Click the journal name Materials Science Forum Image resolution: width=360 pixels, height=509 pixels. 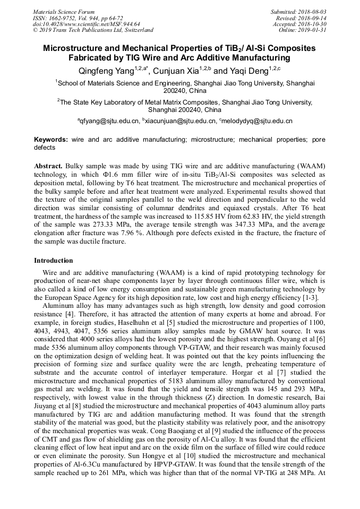tap(64, 12)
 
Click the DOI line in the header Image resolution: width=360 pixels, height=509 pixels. tap(87, 24)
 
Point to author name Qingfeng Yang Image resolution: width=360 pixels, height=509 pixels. tap(101, 71)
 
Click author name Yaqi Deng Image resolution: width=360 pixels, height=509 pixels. tap(246, 71)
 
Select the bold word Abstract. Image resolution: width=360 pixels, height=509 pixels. tap(49, 166)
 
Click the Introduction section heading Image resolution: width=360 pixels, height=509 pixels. tap(54, 261)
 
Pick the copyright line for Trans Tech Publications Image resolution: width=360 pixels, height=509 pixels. tap(93, 30)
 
